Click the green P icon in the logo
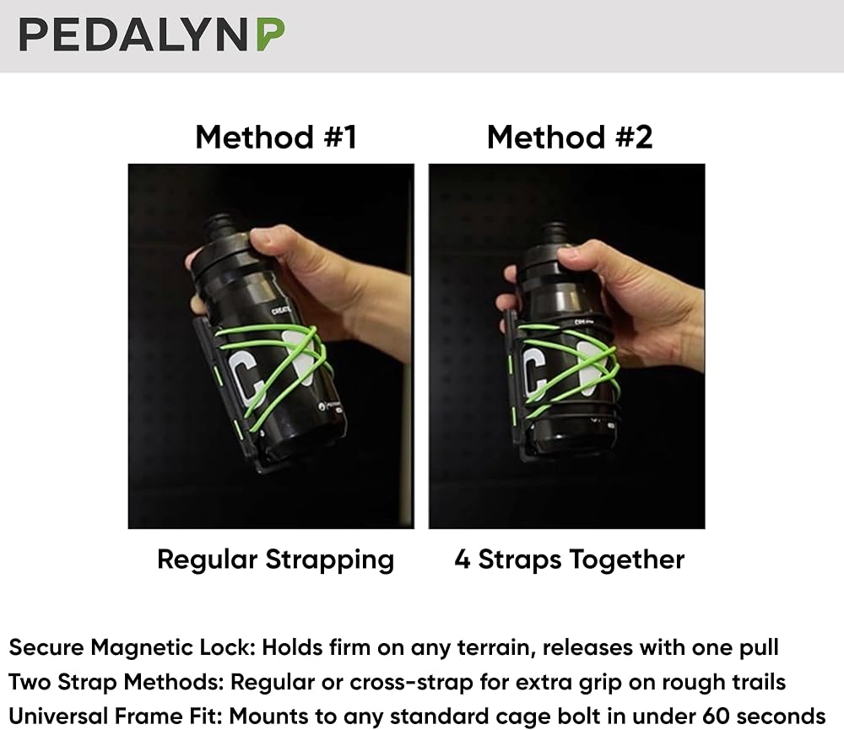[270, 35]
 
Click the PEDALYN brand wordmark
[133, 35]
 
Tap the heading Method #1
[276, 137]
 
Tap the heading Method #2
[570, 137]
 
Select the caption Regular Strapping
[276, 560]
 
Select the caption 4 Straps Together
[570, 560]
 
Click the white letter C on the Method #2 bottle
[534, 371]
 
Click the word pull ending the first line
[757, 648]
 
